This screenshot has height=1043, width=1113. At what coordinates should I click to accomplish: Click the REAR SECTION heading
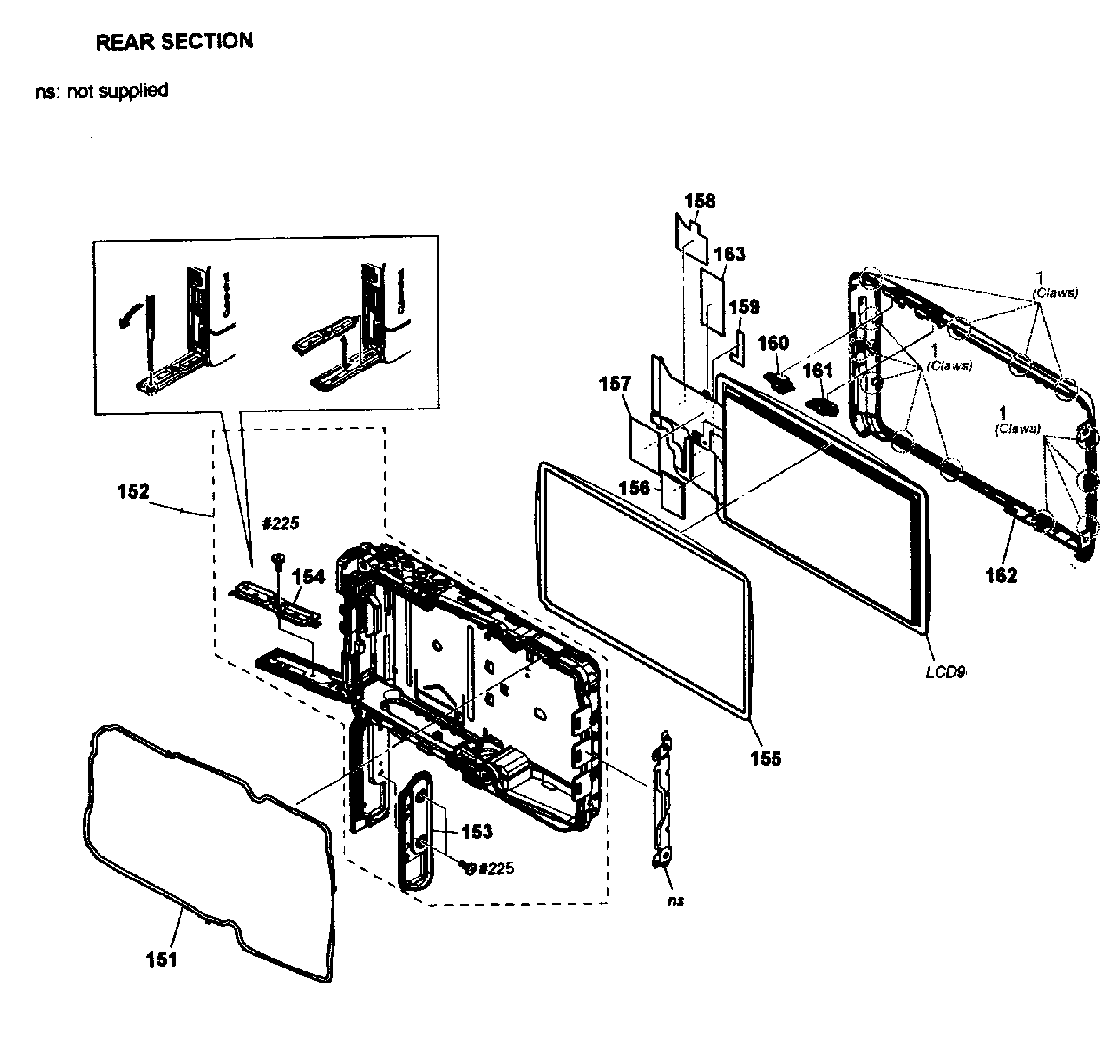click(174, 42)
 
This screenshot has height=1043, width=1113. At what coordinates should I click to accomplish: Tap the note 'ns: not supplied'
click(101, 91)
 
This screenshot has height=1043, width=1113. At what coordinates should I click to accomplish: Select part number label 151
click(161, 959)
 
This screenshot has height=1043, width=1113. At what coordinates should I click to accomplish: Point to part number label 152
click(133, 491)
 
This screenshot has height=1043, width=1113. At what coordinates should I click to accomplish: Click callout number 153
click(477, 832)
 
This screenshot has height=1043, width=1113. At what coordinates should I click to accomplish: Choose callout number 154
click(308, 577)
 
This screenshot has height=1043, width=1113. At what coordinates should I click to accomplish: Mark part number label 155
click(766, 759)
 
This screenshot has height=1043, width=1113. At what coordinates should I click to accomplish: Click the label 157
click(615, 384)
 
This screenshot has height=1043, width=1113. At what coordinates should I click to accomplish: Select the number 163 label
click(729, 254)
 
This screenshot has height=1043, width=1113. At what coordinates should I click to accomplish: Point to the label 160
click(773, 343)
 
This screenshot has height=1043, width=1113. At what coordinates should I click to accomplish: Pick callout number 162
click(1001, 575)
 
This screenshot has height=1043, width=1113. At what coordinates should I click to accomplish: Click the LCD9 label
click(945, 672)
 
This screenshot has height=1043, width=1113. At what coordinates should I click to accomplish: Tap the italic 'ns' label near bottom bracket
click(675, 901)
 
